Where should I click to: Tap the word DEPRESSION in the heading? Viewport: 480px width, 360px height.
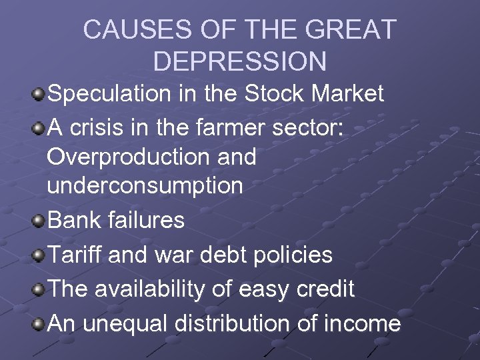pos(239,61)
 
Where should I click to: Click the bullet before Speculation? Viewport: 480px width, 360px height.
pos(39,94)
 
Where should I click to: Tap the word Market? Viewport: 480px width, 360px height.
pos(346,94)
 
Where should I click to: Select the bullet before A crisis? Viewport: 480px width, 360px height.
pos(39,125)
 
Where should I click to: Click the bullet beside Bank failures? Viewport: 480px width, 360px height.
pos(39,221)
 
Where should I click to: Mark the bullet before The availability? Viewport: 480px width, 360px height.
pos(39,289)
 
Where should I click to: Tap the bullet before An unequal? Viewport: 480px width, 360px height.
pos(39,325)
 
